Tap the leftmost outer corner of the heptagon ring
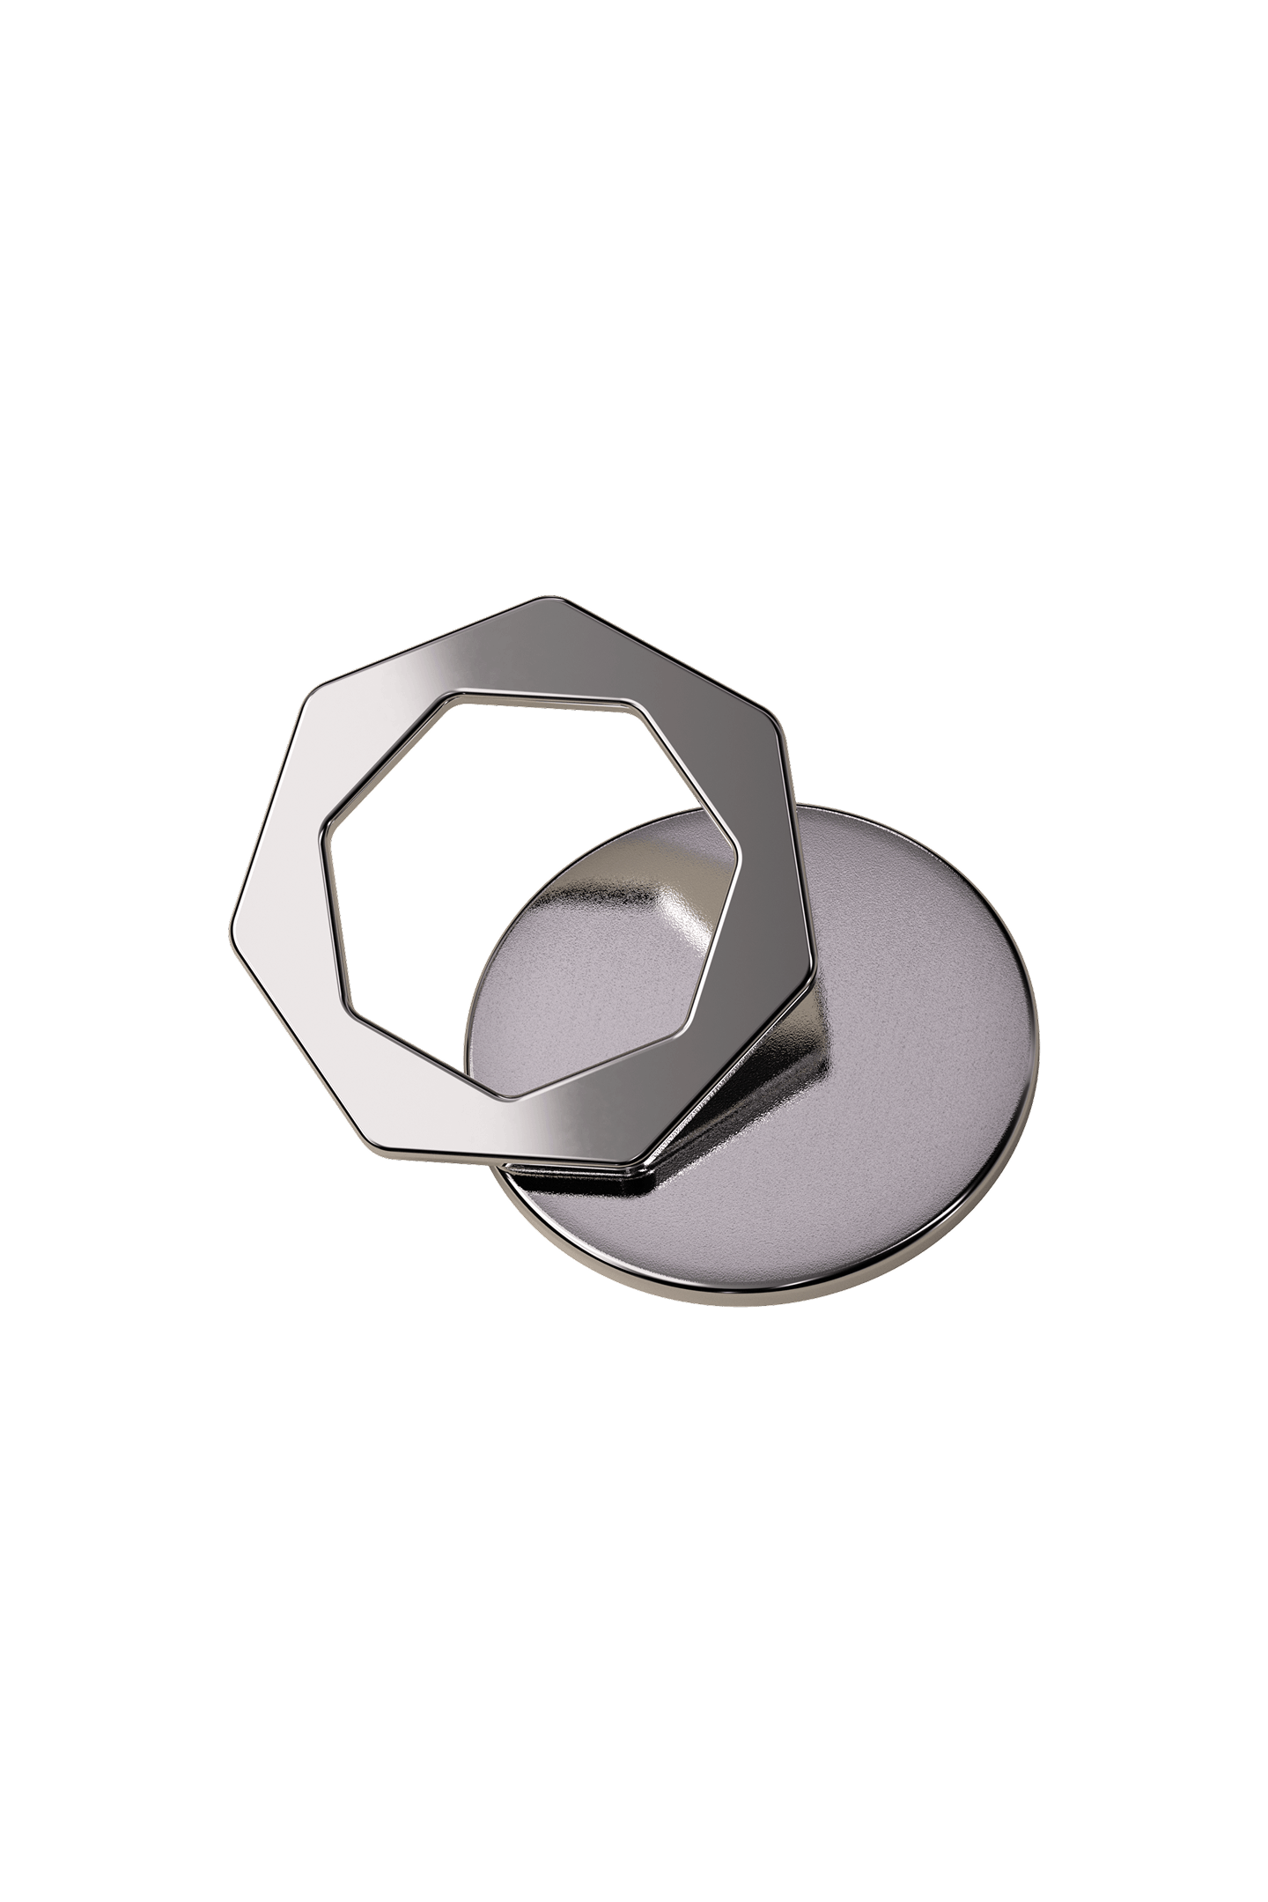233,918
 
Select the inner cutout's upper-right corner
639,705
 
